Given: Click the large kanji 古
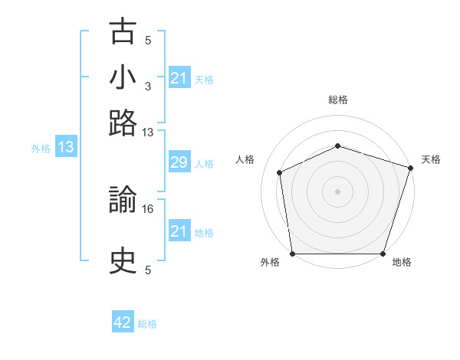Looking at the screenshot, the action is tap(123, 31).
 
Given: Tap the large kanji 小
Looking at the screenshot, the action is tap(123, 77).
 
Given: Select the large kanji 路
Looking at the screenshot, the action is tap(123, 123).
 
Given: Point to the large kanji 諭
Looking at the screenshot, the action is tap(123, 199).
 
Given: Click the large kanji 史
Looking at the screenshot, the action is tap(123, 260).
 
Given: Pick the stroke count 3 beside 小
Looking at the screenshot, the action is tap(148, 87).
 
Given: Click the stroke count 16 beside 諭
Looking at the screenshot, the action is tap(147, 209).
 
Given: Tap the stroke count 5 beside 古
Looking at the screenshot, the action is tap(148, 41).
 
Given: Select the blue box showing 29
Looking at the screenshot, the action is tap(179, 162).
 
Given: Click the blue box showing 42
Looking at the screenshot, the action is tap(123, 321).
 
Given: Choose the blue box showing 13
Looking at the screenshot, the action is tap(66, 146).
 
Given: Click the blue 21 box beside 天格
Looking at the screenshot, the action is tap(179, 77).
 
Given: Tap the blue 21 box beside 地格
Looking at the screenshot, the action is tap(179, 230).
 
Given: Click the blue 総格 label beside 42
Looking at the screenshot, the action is tap(147, 324).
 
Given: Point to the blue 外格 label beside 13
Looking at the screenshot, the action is tap(41, 149).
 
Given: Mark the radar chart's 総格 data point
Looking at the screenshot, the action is tap(338, 146).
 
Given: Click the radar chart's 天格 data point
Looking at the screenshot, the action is tap(411, 168).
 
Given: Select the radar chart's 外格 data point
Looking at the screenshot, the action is tap(293, 254).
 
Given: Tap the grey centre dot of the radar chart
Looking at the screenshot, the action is tap(337, 191).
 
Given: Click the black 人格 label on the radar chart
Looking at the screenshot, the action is tap(245, 159).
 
